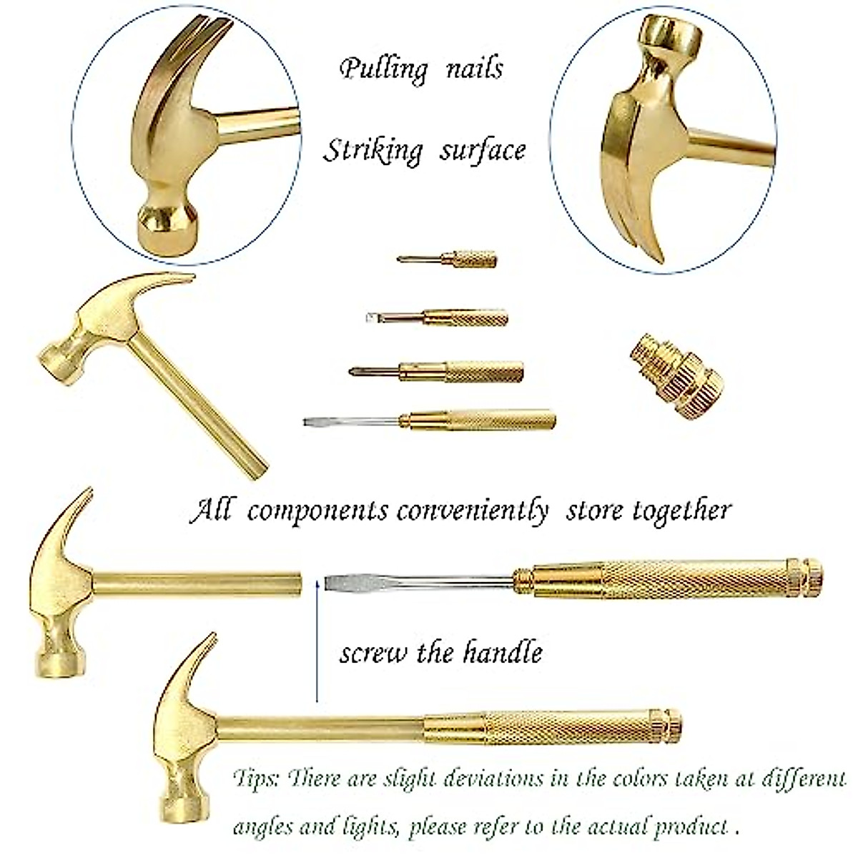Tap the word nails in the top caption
coord(474,69)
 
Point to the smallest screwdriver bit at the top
coord(448,259)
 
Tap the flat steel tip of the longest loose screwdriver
coord(312,422)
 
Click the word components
coord(317,512)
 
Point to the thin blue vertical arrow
coord(315,643)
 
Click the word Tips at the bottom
coord(255,779)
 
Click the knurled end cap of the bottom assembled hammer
coord(670,725)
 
